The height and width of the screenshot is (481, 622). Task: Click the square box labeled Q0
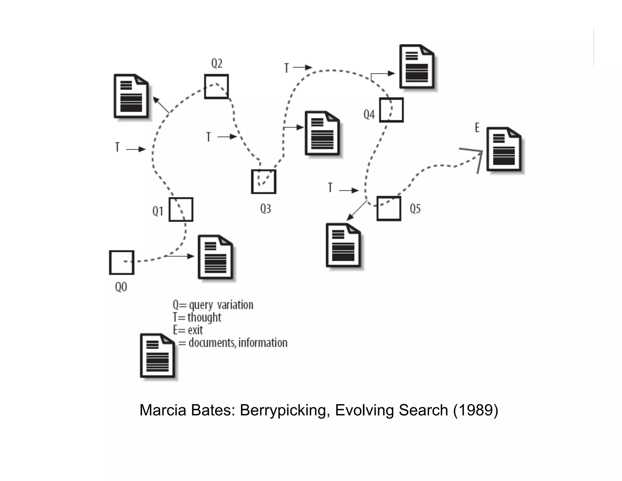(121, 262)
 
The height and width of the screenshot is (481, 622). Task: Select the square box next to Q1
(181, 209)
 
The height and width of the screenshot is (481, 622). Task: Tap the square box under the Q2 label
(216, 86)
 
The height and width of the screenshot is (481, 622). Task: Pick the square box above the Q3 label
(263, 182)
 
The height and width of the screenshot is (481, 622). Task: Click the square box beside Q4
(391, 110)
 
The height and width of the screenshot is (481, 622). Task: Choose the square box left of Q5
(389, 209)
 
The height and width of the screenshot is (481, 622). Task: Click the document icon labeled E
(504, 149)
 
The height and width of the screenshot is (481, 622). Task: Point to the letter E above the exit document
(477, 128)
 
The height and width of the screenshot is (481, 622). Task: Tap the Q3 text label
(265, 209)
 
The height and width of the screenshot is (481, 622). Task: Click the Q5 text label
(415, 209)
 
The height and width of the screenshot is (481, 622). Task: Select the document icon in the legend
(157, 355)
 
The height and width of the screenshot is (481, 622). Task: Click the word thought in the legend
(204, 317)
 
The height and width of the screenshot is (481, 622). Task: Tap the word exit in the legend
(195, 330)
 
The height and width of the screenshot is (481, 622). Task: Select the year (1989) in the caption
(475, 410)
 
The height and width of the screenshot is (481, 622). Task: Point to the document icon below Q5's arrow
(343, 245)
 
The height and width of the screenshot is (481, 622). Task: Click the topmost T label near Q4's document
(286, 68)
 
